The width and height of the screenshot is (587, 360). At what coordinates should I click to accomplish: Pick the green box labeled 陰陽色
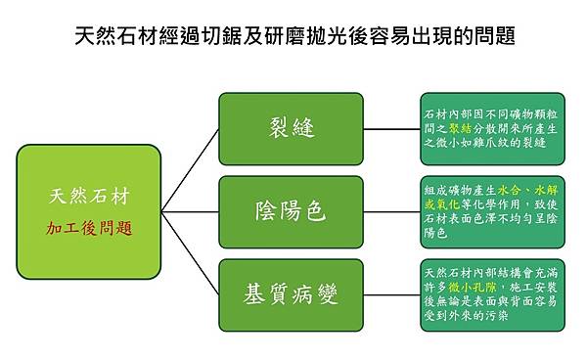(303, 211)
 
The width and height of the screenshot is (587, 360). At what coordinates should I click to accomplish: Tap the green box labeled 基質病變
(303, 292)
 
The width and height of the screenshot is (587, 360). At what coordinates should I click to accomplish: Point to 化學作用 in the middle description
(505, 205)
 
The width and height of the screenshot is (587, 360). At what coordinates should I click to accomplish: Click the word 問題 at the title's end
(490, 38)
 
